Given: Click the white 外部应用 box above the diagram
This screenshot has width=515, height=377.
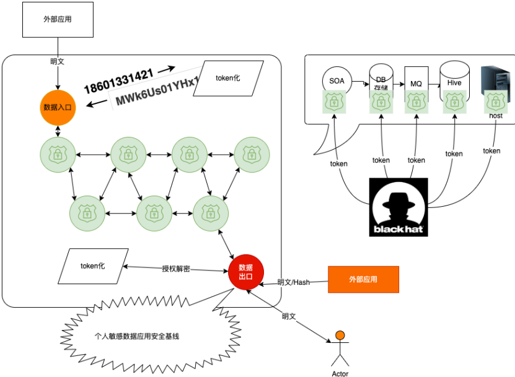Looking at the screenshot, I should pyautogui.click(x=57, y=19).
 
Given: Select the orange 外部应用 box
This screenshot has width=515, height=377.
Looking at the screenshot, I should pyautogui.click(x=363, y=279).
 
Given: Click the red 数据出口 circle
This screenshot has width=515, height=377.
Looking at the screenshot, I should pyautogui.click(x=246, y=272).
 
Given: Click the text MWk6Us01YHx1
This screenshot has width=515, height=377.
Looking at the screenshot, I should pyautogui.click(x=157, y=93).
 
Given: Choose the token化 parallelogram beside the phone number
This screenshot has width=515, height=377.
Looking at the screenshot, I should pyautogui.click(x=228, y=78).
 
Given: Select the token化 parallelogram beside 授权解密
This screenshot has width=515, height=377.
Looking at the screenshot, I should pyautogui.click(x=94, y=266).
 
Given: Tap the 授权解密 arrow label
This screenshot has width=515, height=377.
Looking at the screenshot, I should pyautogui.click(x=176, y=269).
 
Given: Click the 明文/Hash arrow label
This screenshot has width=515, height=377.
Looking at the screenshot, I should pyautogui.click(x=294, y=282).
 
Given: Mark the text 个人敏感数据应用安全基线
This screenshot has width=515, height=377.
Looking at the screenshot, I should pyautogui.click(x=137, y=336).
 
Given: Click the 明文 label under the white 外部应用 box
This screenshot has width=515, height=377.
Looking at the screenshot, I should pyautogui.click(x=58, y=62).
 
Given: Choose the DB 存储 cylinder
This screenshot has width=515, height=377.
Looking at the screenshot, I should pyautogui.click(x=381, y=80).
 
